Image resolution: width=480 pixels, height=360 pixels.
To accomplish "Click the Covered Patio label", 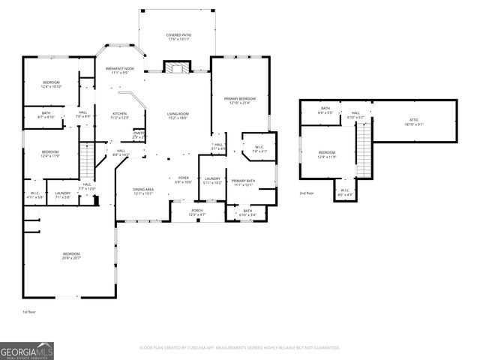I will pos(177,37).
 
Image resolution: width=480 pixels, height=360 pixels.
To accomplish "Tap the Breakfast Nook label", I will pos(119,70).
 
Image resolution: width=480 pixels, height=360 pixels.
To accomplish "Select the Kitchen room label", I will pos(119,115).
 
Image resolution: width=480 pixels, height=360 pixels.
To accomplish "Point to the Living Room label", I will pos(178,115).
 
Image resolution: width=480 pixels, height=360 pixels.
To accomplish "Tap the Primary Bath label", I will pos(244,182).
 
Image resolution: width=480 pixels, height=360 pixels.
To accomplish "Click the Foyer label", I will pos(184,180).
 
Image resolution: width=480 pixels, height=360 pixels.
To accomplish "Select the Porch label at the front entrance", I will pos(196,213).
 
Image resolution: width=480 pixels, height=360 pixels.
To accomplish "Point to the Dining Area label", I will pos(143,191).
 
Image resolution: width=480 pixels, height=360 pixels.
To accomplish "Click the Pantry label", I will pos(139,135).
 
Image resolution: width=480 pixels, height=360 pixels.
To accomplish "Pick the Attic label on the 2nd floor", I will pos(413,122).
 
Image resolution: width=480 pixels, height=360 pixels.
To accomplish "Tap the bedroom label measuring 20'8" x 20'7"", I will pos(71,256).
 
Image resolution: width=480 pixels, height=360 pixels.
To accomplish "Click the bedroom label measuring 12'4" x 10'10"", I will pos(50,85).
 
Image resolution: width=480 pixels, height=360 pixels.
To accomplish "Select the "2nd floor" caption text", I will pos(307,193).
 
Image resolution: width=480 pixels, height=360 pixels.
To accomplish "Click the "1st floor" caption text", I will pos(28,311).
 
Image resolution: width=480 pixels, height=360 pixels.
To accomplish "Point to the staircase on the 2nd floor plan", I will pos(364,150).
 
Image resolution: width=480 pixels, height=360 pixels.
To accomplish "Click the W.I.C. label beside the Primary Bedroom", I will pos(259,148).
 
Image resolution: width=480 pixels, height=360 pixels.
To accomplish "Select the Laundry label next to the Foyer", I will pos(213,181).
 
